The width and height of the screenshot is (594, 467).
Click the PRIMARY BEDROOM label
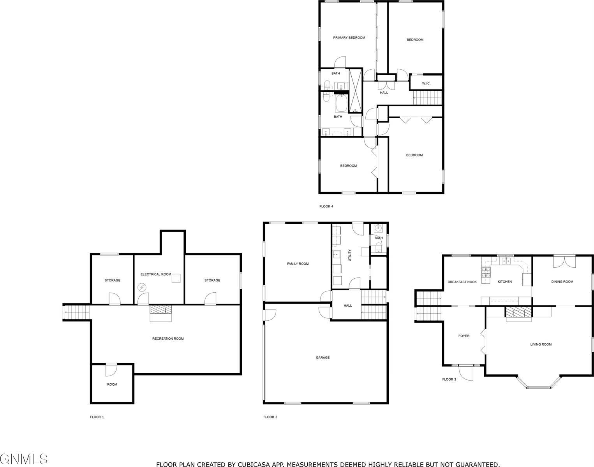[349, 38]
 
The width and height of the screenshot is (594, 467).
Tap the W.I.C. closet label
[426, 84]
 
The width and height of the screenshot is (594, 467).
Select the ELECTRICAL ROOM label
[156, 274]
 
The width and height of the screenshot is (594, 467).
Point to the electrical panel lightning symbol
[142, 288]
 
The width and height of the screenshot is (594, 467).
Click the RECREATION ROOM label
[168, 339]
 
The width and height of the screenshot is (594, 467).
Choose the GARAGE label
[323, 357]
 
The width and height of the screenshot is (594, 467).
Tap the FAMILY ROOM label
[298, 264]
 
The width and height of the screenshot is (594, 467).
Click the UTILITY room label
[350, 255]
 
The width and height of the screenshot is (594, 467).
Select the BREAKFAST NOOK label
[462, 282]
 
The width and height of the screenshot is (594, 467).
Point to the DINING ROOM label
[562, 282]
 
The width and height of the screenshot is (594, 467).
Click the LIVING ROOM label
[541, 344]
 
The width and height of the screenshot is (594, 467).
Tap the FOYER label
[464, 336]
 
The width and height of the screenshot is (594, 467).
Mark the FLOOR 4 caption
[326, 207]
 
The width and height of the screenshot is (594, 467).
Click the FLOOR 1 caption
[97, 417]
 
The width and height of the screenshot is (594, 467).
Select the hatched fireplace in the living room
[518, 312]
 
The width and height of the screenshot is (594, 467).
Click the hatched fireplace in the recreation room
[160, 310]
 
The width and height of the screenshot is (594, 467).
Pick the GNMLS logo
[24, 459]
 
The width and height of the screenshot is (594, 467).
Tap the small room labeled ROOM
[112, 384]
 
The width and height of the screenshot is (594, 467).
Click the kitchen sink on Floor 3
[506, 261]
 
